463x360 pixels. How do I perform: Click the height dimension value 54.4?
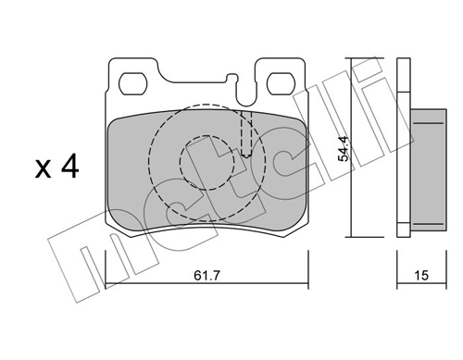pyautogui.click(x=344, y=149)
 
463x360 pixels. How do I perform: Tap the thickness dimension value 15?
pyautogui.click(x=421, y=276)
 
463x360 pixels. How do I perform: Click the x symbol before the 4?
pyautogui.click(x=43, y=169)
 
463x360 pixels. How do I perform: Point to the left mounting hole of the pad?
pyautogui.click(x=133, y=84)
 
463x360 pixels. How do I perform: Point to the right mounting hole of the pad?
pyautogui.click(x=282, y=84)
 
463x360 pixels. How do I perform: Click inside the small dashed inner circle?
pyautogui.click(x=206, y=163)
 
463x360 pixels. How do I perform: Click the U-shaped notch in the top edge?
pyautogui.click(x=246, y=93)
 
